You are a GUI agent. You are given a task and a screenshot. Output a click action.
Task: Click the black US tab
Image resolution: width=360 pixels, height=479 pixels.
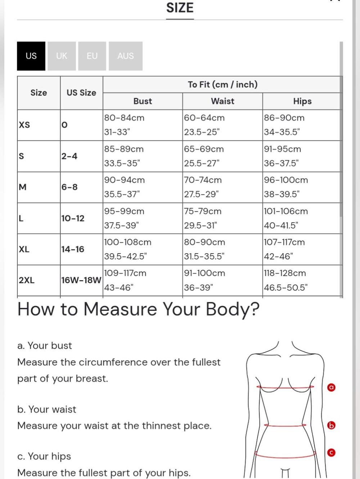coord(31,56)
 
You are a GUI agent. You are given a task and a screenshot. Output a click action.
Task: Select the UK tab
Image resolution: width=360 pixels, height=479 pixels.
coord(62,56)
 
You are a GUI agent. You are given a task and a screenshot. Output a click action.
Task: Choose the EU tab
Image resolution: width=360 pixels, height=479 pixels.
coord(92,56)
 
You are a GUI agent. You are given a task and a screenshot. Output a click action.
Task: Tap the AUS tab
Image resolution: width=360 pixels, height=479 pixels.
coord(126,56)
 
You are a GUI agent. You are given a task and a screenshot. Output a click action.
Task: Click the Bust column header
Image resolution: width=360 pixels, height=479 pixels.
coord(143,101)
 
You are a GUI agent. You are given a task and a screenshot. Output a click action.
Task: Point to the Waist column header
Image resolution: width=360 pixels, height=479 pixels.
coord(222,101)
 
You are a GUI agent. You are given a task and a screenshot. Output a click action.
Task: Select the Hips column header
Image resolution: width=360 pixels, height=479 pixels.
coord(302,101)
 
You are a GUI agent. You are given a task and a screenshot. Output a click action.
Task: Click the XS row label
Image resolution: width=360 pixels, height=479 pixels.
coord(24,125)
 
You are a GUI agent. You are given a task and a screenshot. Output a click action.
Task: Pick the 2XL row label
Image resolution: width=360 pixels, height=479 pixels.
coord(27,280)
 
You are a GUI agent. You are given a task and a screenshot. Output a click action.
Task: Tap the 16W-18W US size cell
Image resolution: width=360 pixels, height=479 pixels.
coord(81,280)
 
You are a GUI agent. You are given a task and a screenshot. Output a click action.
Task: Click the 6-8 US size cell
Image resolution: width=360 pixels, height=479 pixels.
coord(69,187)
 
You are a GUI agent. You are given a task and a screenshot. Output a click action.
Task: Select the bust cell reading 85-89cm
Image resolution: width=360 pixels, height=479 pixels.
coord(124,149)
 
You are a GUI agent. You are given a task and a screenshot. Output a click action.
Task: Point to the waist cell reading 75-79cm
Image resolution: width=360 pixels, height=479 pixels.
coord(203,211)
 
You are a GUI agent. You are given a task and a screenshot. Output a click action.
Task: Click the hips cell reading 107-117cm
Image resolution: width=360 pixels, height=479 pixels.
coord(284,242)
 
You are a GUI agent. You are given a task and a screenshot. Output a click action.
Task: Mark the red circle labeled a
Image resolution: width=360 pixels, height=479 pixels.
coord(331,388)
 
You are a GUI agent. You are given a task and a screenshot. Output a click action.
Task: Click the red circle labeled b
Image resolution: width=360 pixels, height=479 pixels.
coord(331,425)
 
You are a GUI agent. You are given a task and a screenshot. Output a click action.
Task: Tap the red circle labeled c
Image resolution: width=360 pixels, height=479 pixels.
coord(331,453)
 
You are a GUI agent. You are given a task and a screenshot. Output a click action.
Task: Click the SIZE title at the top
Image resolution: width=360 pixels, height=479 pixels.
coord(180,8)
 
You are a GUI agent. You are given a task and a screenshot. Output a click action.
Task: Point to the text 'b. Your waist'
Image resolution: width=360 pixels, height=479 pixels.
coord(47,409)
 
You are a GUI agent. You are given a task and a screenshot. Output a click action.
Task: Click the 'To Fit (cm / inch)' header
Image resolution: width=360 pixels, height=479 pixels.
coord(222,85)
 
